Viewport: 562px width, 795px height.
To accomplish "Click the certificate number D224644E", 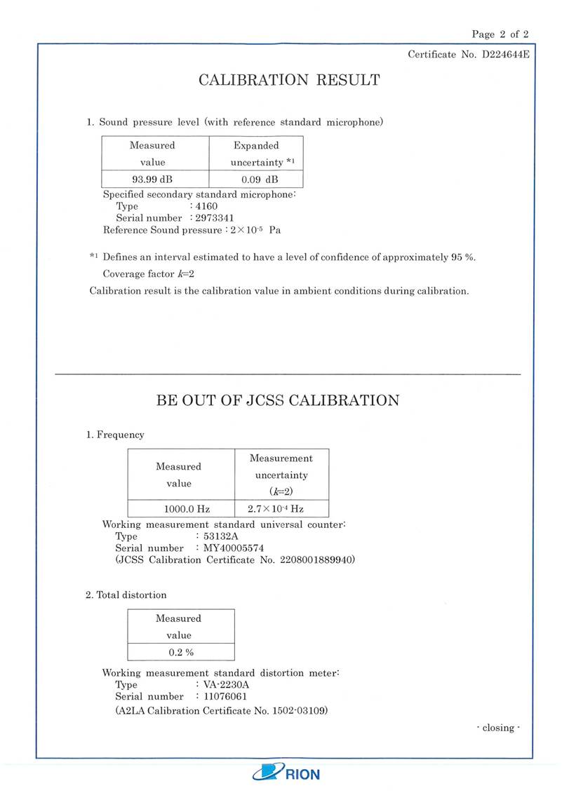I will coord(499,55).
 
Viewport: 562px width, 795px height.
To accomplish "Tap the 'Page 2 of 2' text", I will coord(500,34).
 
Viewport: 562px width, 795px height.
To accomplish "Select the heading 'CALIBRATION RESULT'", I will coord(289,80).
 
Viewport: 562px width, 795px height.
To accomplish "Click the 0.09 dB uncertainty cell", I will coord(256,179).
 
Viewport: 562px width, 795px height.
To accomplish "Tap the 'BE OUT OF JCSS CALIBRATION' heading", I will coord(277,401).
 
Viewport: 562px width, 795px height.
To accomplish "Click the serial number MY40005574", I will coord(234,548).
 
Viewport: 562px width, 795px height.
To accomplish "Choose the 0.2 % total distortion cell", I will coord(180,652).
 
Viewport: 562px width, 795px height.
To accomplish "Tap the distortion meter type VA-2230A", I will coord(226,685).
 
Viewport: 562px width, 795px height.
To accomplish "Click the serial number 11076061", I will coord(225,697).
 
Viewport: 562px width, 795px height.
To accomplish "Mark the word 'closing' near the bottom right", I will coord(498,728).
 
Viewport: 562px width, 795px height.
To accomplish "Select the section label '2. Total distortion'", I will coord(126,595).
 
